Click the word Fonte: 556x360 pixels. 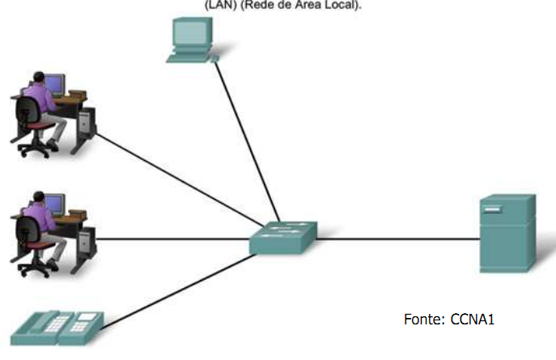tap(422, 320)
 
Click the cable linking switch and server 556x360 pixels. tap(397, 239)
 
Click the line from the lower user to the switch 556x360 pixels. tap(170, 239)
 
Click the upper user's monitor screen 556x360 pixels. tap(56, 83)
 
